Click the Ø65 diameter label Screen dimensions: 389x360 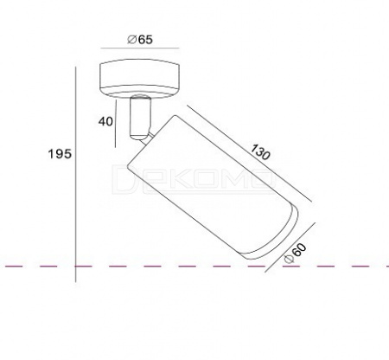click(x=140, y=40)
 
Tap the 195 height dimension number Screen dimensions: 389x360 click(x=60, y=154)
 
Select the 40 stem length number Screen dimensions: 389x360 click(x=105, y=121)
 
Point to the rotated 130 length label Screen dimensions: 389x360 click(x=260, y=151)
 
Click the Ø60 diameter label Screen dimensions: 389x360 click(x=295, y=254)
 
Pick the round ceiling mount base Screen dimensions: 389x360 click(x=140, y=79)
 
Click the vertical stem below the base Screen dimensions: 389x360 click(x=140, y=118)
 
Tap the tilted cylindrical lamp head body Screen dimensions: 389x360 click(x=210, y=184)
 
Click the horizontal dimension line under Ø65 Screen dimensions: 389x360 click(x=140, y=48)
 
